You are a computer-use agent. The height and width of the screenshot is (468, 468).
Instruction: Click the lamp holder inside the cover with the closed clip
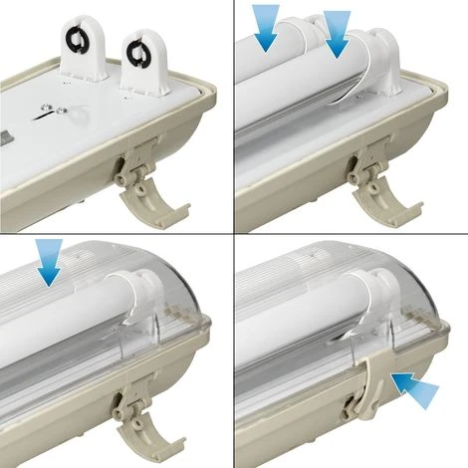click(368, 309)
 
